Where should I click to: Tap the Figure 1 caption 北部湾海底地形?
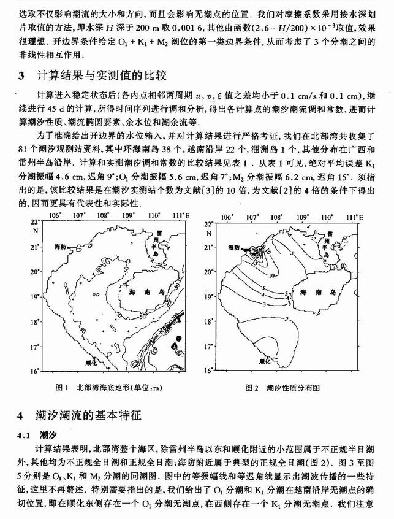click(110, 388)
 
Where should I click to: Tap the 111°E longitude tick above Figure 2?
click(354, 216)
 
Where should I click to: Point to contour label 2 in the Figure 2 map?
click(288, 319)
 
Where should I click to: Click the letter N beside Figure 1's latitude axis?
click(34, 231)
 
